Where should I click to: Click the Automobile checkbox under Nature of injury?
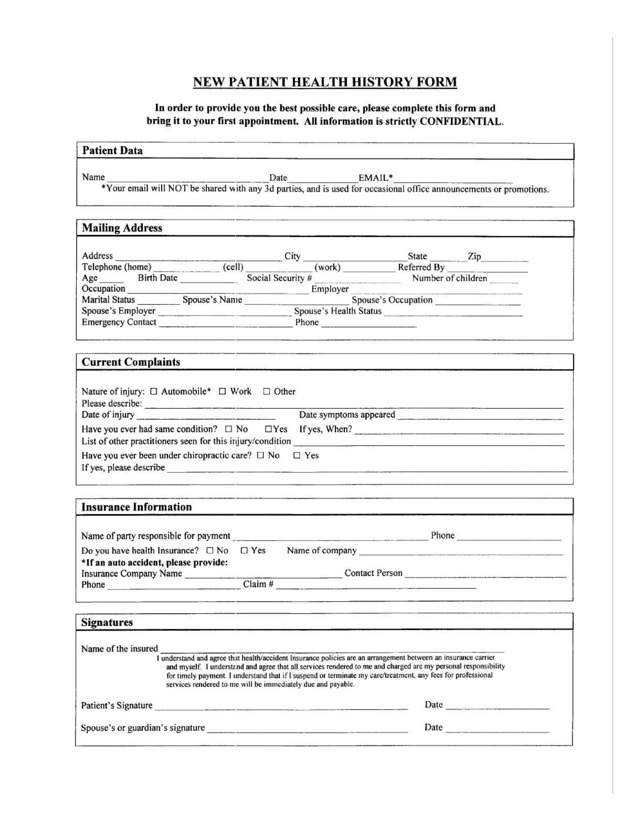click(x=154, y=392)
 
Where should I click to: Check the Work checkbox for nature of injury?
click(x=222, y=392)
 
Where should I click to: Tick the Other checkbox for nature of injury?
click(x=266, y=392)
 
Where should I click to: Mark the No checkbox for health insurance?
click(x=210, y=551)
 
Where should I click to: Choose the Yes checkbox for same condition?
click(x=268, y=429)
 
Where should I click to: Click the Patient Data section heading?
click(x=112, y=151)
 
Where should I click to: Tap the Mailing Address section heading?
click(x=122, y=228)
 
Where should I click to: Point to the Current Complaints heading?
click(x=131, y=362)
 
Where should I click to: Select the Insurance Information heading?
click(x=136, y=507)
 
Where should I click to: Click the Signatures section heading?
click(x=107, y=622)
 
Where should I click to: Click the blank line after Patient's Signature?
click(x=281, y=706)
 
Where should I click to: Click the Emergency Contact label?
click(x=119, y=322)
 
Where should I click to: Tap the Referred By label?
click(x=421, y=267)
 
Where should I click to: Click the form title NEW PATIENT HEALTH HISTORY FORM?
click(x=325, y=82)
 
